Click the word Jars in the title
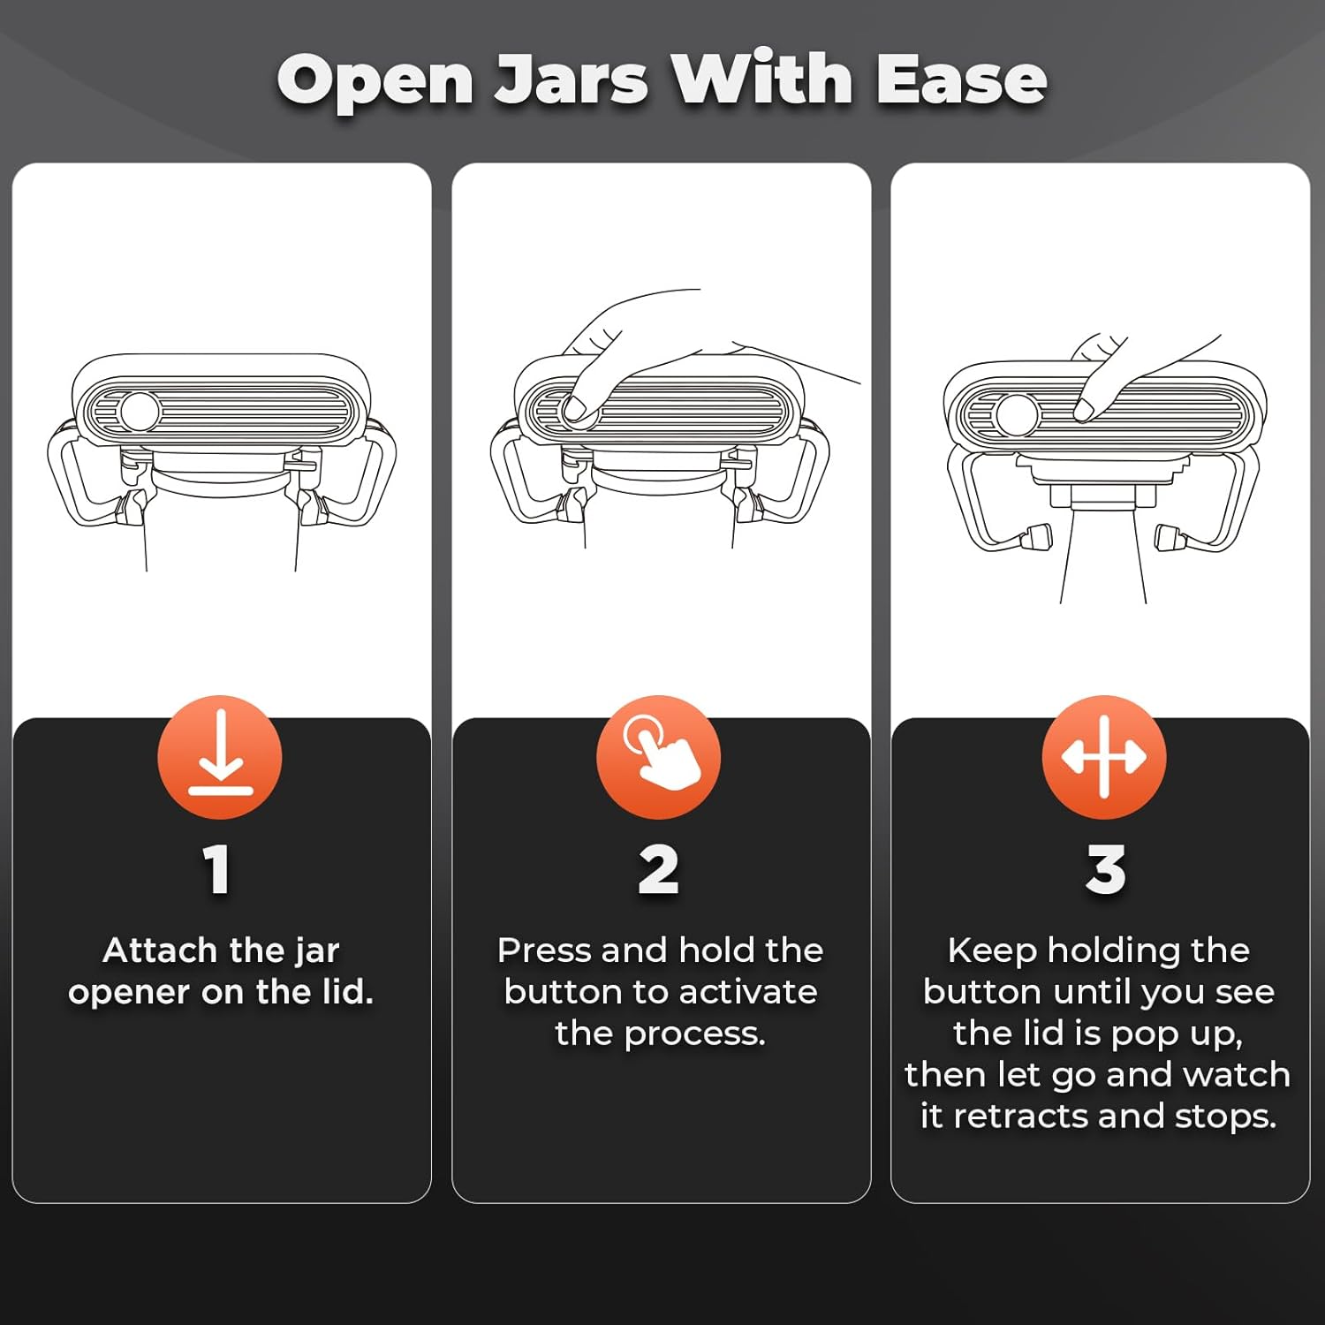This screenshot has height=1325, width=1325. point(571,80)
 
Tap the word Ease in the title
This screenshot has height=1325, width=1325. point(961,80)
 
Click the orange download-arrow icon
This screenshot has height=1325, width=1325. point(220,757)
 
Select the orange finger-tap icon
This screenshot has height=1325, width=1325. point(659,757)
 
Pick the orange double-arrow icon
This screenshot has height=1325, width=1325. point(1104,757)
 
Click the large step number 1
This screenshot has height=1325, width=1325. point(217,870)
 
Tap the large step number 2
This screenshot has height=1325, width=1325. point(659,870)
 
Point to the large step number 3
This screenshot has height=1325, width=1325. point(1106,870)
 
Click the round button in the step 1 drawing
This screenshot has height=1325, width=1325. point(140,411)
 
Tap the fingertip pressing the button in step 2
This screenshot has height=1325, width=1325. point(575,408)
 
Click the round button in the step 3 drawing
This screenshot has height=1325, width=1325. point(1017,414)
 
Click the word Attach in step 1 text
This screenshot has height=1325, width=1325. point(161,950)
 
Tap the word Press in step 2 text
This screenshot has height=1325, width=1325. point(544,950)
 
